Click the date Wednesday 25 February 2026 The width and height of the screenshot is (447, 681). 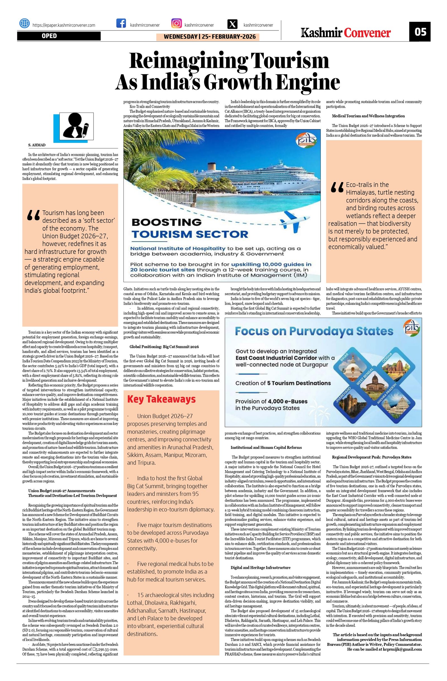(208, 37)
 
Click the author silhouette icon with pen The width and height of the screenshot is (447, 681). (74, 126)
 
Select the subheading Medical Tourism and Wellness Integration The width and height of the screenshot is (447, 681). (368, 116)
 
